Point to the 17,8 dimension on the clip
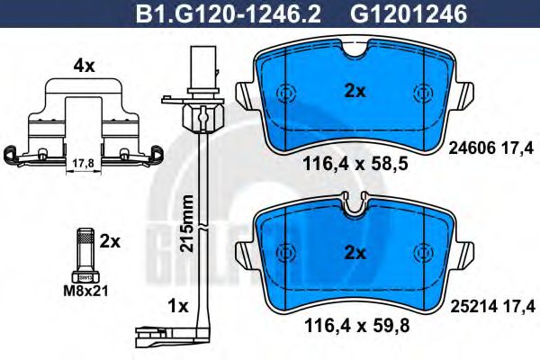pos(80,162)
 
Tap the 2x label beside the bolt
pos(110,241)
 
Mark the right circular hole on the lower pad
pos(423,253)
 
